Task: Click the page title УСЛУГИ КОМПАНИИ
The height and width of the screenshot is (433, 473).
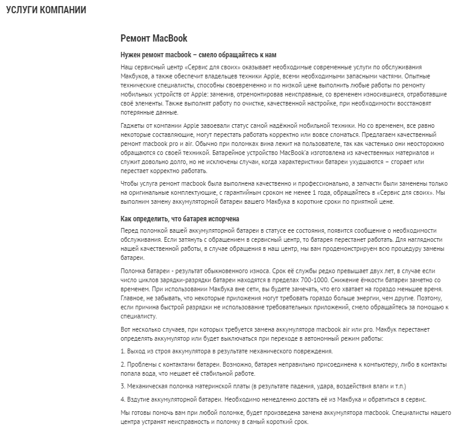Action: [x=45, y=10]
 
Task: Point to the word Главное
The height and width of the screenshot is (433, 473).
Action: [x=134, y=299]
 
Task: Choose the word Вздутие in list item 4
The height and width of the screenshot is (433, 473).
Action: [x=140, y=399]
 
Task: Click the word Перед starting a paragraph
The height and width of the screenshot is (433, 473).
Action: [x=131, y=231]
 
